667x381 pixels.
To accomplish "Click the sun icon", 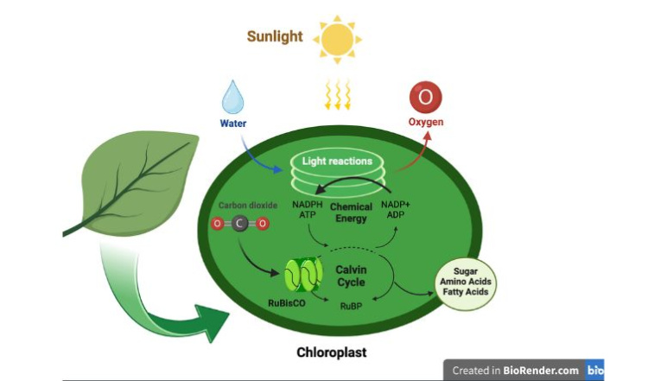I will click(x=337, y=39).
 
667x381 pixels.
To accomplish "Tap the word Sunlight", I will click(x=276, y=36).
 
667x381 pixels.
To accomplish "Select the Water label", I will click(x=233, y=124).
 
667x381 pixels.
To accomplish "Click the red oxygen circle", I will click(x=425, y=96).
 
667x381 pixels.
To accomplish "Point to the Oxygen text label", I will click(x=426, y=123).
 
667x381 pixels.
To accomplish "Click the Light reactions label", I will click(x=337, y=162).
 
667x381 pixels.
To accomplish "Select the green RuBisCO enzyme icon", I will click(x=303, y=275).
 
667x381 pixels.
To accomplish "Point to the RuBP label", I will click(x=351, y=306).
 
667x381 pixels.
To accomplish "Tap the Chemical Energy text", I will click(x=351, y=213).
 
